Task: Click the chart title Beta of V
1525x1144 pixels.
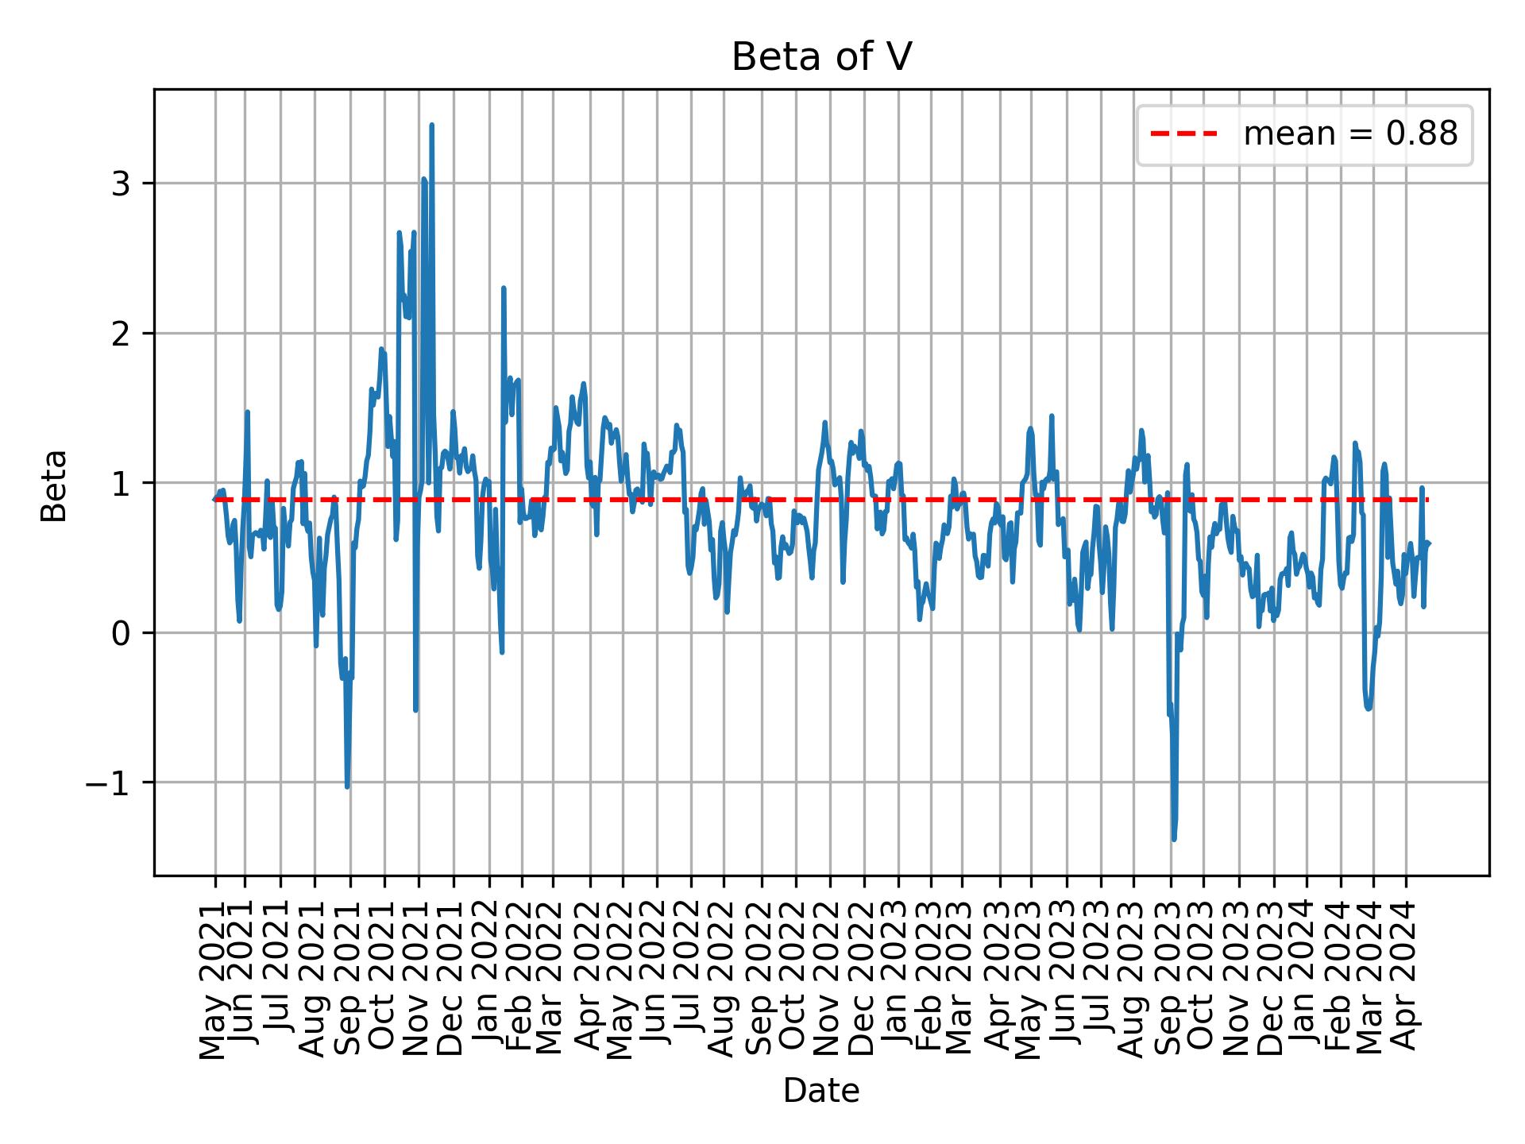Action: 820,57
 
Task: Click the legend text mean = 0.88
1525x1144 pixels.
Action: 1350,134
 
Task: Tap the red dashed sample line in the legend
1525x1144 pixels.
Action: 1183,134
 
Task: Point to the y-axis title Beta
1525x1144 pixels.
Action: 54,485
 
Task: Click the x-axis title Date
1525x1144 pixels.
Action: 820,1091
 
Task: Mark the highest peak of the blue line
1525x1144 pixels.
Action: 431,125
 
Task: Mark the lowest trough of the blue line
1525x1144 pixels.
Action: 1174,839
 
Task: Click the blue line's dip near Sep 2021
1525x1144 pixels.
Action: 347,786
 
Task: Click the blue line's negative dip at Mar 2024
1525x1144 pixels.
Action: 1368,708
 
